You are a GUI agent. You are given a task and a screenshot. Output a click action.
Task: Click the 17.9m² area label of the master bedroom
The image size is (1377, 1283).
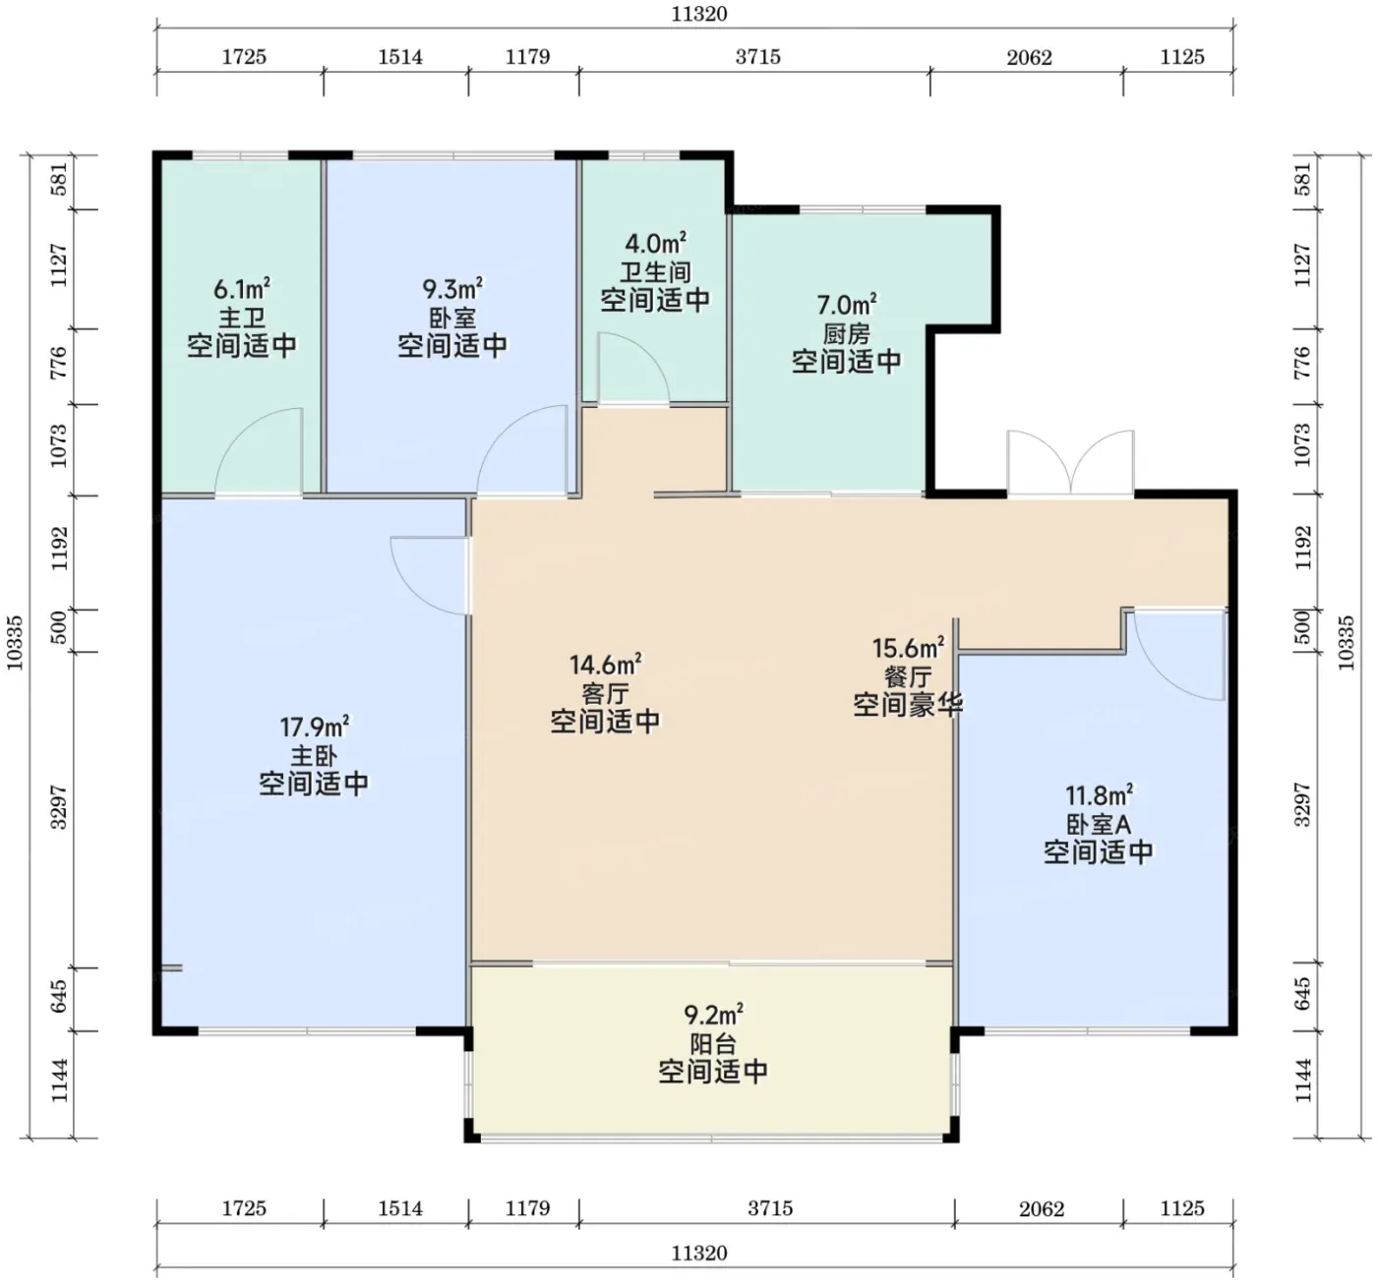coord(314,728)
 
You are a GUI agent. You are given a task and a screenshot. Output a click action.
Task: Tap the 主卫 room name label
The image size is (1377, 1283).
coord(242,319)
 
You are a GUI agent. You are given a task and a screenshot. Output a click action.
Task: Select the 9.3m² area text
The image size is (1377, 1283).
coord(452,288)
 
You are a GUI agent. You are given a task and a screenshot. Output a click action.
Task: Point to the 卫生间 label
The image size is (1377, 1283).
coord(655,271)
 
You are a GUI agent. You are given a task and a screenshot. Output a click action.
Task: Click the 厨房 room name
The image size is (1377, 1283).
coord(847,333)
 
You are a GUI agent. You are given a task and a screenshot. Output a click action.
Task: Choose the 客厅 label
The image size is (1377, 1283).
coord(605,693)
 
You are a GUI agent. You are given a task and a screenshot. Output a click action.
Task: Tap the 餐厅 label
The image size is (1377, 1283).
coord(908,676)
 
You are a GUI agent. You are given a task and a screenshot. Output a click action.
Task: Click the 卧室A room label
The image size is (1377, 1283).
coord(1099,824)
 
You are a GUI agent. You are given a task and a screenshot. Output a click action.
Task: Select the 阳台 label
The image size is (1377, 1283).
coord(713,1044)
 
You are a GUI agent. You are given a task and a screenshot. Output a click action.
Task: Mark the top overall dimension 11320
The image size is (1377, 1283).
coord(699,14)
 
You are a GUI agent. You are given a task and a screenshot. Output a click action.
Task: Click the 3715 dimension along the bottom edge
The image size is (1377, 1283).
coord(769,1209)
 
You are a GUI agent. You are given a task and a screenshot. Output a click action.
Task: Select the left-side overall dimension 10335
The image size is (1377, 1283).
coord(15,643)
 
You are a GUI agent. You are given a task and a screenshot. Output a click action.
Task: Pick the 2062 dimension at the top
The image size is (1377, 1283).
coord(1029,57)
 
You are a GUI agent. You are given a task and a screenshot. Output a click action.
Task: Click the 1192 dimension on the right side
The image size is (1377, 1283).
coord(1303,549)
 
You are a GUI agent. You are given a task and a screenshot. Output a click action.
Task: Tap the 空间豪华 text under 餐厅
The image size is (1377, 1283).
coord(908,705)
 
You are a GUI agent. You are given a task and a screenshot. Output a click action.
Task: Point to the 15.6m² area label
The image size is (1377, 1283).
coord(908,648)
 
